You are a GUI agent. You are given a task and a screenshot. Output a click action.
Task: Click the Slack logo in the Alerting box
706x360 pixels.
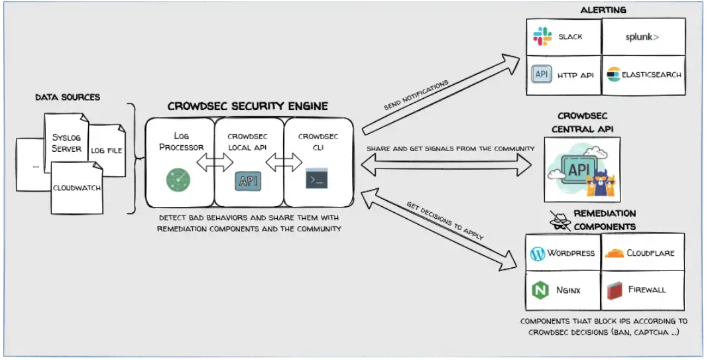coord(542,37)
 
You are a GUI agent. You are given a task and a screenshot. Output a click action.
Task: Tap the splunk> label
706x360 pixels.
coord(642,37)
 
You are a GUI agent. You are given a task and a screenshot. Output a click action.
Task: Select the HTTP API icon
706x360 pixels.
coord(542,74)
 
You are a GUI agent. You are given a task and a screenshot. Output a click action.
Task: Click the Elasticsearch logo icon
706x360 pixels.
coord(613,75)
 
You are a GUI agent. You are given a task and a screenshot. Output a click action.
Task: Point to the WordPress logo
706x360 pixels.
coord(538,253)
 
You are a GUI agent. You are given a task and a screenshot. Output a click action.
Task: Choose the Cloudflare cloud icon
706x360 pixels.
coord(615,253)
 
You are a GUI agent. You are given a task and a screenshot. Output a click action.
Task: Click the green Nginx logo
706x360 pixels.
coord(540,290)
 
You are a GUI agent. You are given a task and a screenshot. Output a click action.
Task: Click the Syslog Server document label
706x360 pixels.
coord(66,143)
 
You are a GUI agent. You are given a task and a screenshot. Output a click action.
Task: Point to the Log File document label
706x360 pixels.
coord(107,150)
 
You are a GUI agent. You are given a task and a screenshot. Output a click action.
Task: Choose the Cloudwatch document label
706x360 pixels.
coord(78,188)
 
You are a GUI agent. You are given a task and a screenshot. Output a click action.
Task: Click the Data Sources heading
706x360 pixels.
coord(68,97)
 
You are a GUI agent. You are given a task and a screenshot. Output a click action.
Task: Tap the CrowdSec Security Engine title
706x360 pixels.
coord(247,106)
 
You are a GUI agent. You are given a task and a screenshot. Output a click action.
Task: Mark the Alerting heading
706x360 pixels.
coord(603,10)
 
